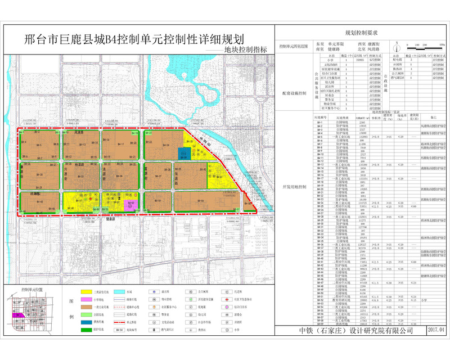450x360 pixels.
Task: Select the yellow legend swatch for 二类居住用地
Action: pos(87,293)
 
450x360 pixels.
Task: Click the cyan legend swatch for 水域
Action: pos(119,293)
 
